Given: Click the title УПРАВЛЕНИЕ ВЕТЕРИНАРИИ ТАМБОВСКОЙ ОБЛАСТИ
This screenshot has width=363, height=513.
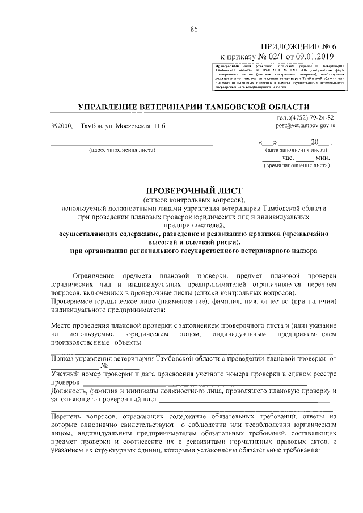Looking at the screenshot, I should (193, 107).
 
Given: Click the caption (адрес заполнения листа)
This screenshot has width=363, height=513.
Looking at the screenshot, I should (121, 151).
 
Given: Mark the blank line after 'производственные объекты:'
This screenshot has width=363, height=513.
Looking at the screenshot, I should (238, 344).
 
